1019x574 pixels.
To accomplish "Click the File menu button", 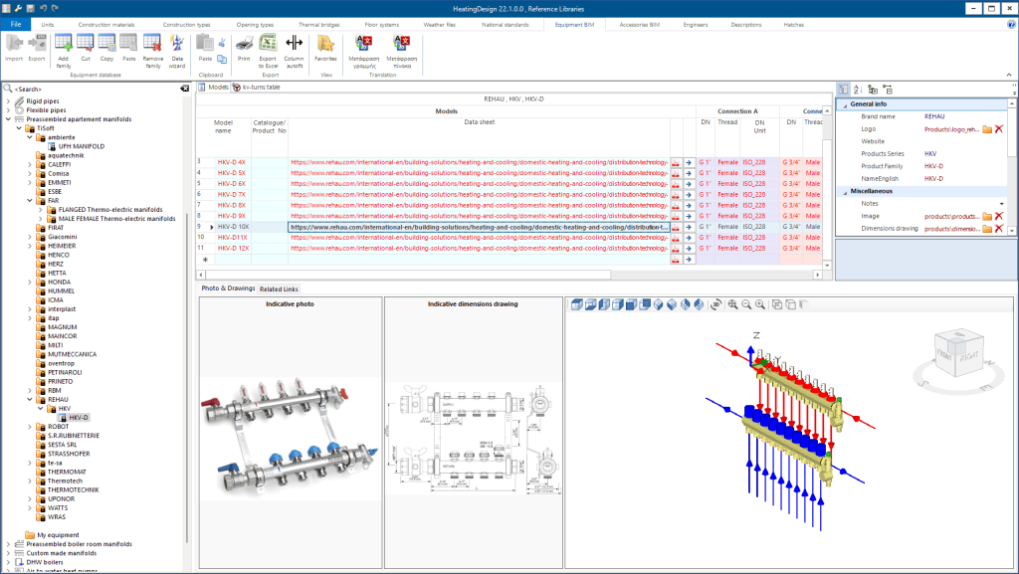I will (16, 23).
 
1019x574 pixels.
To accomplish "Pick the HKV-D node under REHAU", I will (79, 417).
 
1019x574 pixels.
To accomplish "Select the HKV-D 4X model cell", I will (231, 161).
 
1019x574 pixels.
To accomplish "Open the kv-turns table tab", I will (261, 88).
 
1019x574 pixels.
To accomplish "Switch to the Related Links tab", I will (279, 288).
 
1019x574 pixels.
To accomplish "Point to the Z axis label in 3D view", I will (756, 335).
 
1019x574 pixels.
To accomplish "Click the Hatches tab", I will (794, 23).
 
